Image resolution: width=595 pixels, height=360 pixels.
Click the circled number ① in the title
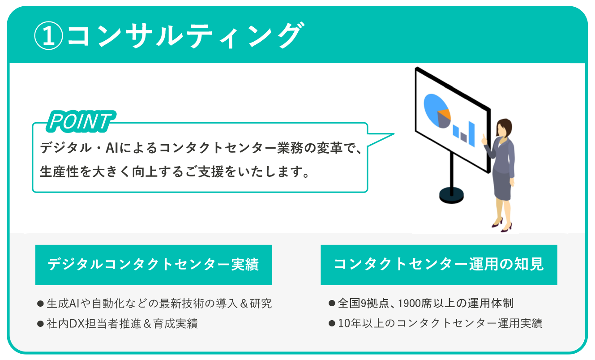click(49, 36)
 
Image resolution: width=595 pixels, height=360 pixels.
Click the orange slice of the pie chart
click(445, 114)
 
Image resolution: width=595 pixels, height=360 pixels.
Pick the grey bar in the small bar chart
click(463, 137)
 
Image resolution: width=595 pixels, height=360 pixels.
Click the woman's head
click(504, 128)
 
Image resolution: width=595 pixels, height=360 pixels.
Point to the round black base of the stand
click(451, 195)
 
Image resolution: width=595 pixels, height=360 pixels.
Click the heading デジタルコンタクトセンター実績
click(153, 264)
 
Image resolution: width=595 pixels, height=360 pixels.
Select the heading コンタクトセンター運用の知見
click(439, 264)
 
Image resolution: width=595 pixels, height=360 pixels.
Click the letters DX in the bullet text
click(77, 324)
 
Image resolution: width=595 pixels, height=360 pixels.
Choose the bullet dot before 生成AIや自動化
click(40, 304)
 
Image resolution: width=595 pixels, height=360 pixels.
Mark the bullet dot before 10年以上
click(332, 323)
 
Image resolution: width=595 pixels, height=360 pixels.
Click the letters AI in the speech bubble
click(112, 148)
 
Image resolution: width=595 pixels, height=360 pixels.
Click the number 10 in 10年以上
click(344, 323)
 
